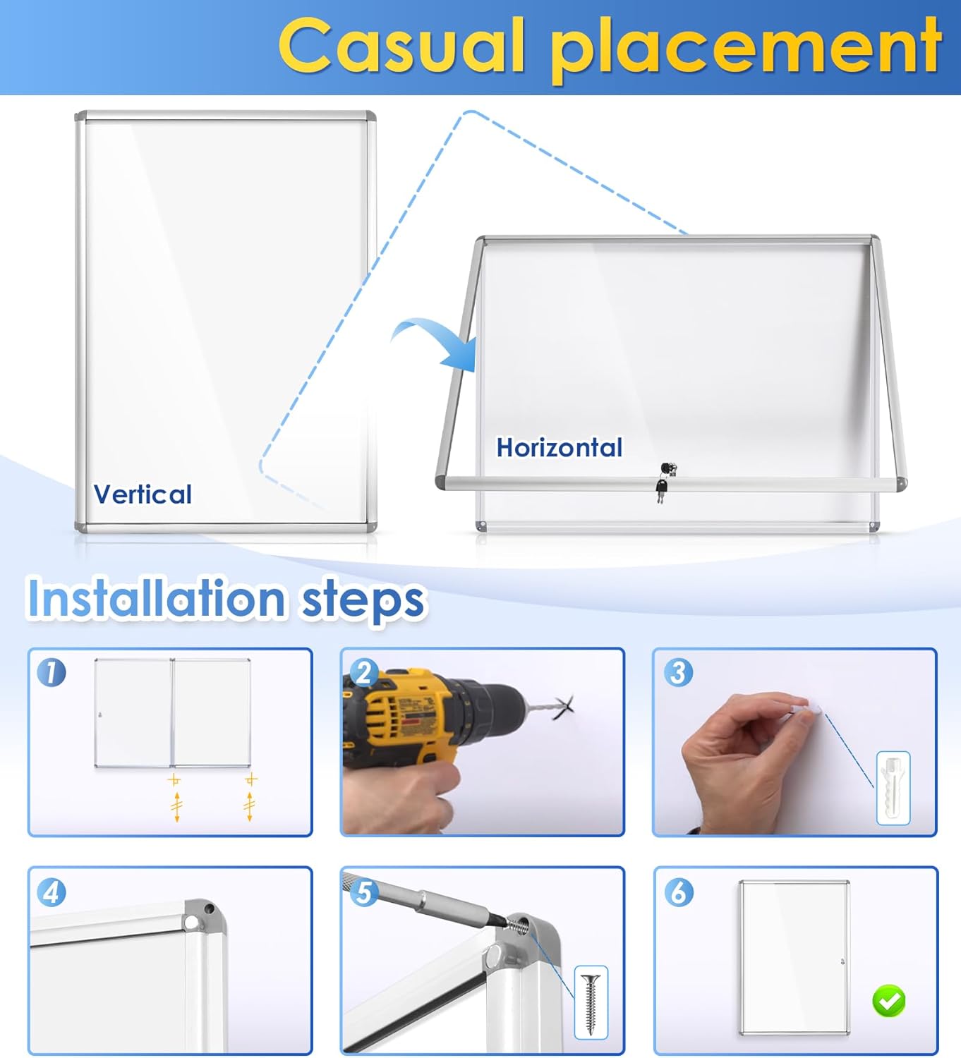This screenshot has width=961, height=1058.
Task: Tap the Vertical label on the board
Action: [143, 494]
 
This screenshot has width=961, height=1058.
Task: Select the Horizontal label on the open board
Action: [559, 448]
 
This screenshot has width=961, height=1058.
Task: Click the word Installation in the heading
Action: [156, 599]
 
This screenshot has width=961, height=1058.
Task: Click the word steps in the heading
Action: [363, 601]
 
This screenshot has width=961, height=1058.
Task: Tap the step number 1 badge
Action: [52, 672]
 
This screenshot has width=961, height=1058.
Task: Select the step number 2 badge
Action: [364, 672]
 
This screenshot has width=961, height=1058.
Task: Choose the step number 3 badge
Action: [678, 672]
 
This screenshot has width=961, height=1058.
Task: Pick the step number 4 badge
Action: [52, 893]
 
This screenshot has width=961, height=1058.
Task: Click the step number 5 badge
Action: [364, 893]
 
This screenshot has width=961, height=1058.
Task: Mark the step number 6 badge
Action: [678, 893]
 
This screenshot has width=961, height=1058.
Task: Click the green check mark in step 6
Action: [888, 1001]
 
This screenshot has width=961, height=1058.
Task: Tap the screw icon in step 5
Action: [591, 1002]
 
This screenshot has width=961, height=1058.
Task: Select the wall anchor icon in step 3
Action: [893, 788]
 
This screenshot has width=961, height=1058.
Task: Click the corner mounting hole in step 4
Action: [191, 921]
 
